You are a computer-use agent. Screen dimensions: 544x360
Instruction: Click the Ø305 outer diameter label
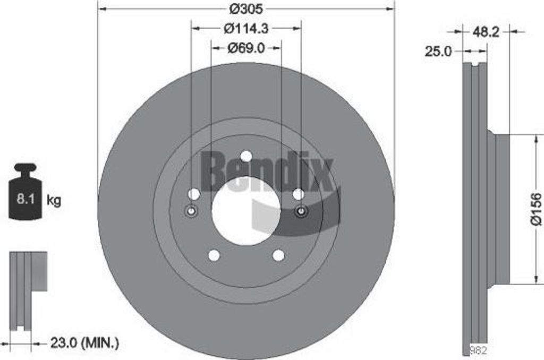(x=246, y=8)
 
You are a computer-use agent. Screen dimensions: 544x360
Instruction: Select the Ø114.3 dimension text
(x=246, y=29)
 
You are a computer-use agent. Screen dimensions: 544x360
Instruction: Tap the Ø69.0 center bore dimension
(x=246, y=48)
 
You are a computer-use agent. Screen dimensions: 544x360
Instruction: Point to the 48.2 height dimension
(x=486, y=32)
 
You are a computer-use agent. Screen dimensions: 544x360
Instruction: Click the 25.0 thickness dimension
(x=438, y=52)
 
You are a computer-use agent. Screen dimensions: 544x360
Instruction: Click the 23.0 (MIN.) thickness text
(x=84, y=343)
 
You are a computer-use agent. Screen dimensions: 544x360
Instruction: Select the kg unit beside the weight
(x=54, y=200)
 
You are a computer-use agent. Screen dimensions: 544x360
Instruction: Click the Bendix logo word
(x=268, y=172)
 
